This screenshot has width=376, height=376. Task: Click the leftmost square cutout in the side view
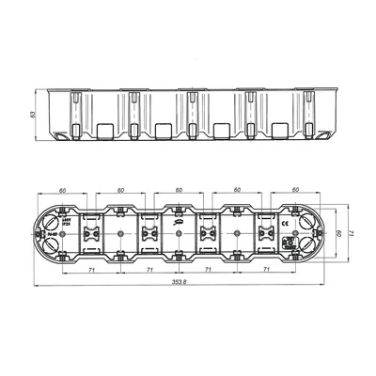click(107, 130)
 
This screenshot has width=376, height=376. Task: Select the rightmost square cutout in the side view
click(279, 130)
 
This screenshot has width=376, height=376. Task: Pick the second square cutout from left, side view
click(164, 130)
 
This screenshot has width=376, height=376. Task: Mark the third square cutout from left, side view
click(222, 130)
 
